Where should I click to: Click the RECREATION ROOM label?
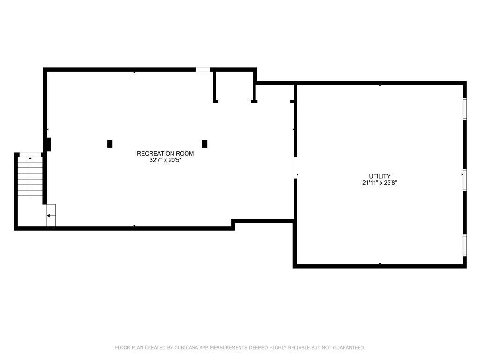pos(165,153)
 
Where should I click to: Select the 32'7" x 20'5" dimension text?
pos(165,160)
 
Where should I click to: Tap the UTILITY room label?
pos(380,176)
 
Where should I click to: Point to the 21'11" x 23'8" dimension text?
pos(380,183)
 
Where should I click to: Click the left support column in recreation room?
pos(110,144)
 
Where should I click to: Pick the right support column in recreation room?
pos(204,144)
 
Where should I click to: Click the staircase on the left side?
pos(30,176)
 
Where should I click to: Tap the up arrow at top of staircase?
pos(30,158)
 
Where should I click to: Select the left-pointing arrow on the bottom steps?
pos(48,216)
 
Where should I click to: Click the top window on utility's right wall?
pos(465,109)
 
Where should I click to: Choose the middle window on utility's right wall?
pos(465,180)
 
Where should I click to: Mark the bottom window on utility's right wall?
pos(465,245)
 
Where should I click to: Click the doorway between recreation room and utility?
pos(295,167)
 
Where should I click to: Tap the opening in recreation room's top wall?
pos(203,70)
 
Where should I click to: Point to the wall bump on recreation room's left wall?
pos(48,144)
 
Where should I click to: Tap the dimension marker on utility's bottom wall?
pos(380,263)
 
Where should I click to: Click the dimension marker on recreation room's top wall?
pos(134,72)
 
